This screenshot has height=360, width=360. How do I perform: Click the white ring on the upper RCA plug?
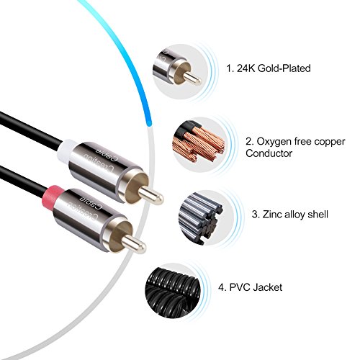pos(67,148)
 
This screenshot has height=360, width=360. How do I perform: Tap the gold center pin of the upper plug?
pos(151,196)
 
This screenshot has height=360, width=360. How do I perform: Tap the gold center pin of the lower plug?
pos(134,244)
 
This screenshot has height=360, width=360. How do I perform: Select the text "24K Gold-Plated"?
pos(274,68)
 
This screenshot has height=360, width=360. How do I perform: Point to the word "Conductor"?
pos(269,153)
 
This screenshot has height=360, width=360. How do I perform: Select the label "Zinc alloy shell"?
pos(295,214)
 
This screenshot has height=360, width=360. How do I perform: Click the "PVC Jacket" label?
pos(256,287)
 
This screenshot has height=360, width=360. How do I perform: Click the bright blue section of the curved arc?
pos(125,55)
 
